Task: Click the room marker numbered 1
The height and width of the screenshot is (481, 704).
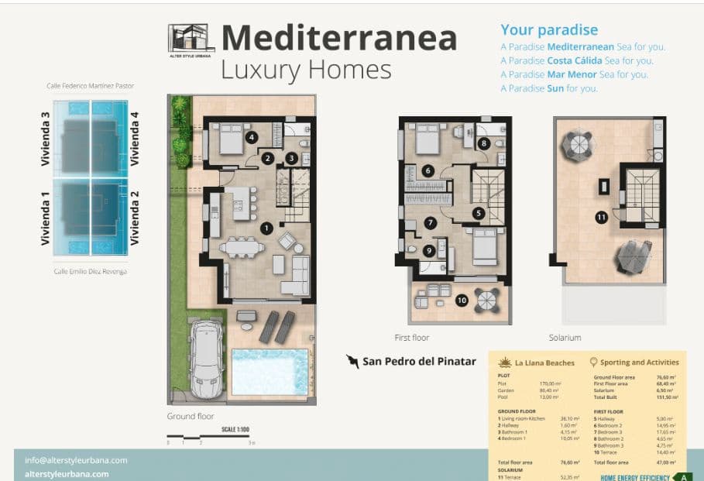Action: click(266, 228)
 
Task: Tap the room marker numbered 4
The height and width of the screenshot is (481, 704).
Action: click(251, 138)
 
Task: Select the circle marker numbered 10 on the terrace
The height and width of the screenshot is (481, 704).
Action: click(462, 300)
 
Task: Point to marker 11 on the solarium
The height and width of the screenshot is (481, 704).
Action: click(601, 218)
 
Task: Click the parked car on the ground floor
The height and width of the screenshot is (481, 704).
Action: click(205, 360)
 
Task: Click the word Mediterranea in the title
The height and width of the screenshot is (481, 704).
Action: click(338, 37)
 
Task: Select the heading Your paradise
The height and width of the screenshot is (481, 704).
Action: click(548, 30)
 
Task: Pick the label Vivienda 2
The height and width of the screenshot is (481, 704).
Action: click(135, 223)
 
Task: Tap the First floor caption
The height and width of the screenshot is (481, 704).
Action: click(411, 338)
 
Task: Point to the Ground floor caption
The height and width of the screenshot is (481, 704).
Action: click(191, 416)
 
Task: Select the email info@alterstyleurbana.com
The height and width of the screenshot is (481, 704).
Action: click(76, 459)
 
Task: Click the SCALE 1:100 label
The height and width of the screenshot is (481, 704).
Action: click(235, 429)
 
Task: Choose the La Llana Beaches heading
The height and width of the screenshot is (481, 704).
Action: click(544, 362)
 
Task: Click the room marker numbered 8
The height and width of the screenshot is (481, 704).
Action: click(483, 143)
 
